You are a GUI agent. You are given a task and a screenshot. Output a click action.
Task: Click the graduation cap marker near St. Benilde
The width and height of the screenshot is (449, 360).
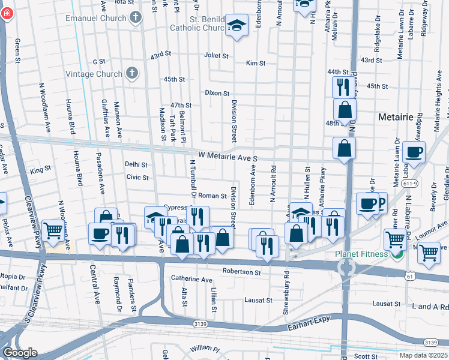tap(237, 26)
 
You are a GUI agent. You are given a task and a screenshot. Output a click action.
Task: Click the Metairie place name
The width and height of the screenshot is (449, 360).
tap(397, 117)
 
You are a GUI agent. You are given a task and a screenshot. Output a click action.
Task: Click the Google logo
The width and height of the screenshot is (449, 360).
tap(20, 352)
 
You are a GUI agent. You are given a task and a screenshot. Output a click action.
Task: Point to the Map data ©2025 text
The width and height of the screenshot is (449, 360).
tap(423, 355)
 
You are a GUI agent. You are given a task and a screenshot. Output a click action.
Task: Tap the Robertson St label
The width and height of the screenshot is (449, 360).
tap(241, 272)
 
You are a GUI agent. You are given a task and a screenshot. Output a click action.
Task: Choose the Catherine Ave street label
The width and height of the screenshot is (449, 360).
tap(191, 280)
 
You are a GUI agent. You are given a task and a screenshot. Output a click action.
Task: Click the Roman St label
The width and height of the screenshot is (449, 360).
tap(212, 196)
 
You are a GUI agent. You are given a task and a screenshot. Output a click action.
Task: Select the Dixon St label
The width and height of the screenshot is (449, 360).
tap(217, 93)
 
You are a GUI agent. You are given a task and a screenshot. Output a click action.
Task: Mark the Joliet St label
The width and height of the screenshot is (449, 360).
tap(217, 55)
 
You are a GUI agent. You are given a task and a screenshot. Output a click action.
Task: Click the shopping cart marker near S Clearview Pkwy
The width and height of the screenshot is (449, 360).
tap(53, 230)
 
